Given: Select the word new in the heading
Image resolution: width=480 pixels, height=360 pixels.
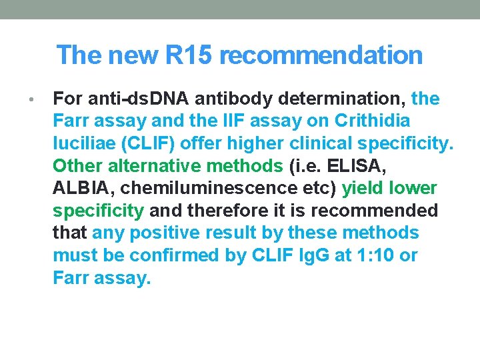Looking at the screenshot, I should (x=129, y=55).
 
